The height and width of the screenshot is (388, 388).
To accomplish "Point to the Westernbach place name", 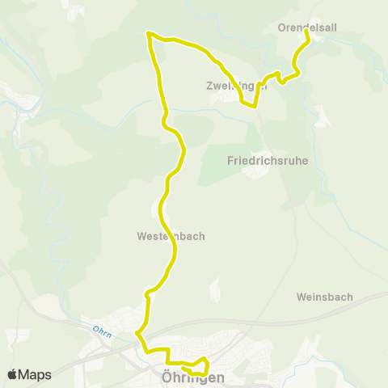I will (x=171, y=237).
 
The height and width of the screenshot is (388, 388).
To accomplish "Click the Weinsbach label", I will (x=324, y=297).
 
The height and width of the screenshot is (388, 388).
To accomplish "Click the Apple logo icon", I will (x=13, y=374).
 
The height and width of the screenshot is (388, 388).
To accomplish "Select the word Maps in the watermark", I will (x=36, y=374).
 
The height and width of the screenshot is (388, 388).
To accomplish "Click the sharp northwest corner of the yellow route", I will (x=148, y=33).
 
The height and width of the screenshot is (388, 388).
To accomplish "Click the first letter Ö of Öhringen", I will (x=157, y=377).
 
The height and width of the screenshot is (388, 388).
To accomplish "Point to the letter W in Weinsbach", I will (x=301, y=297).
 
